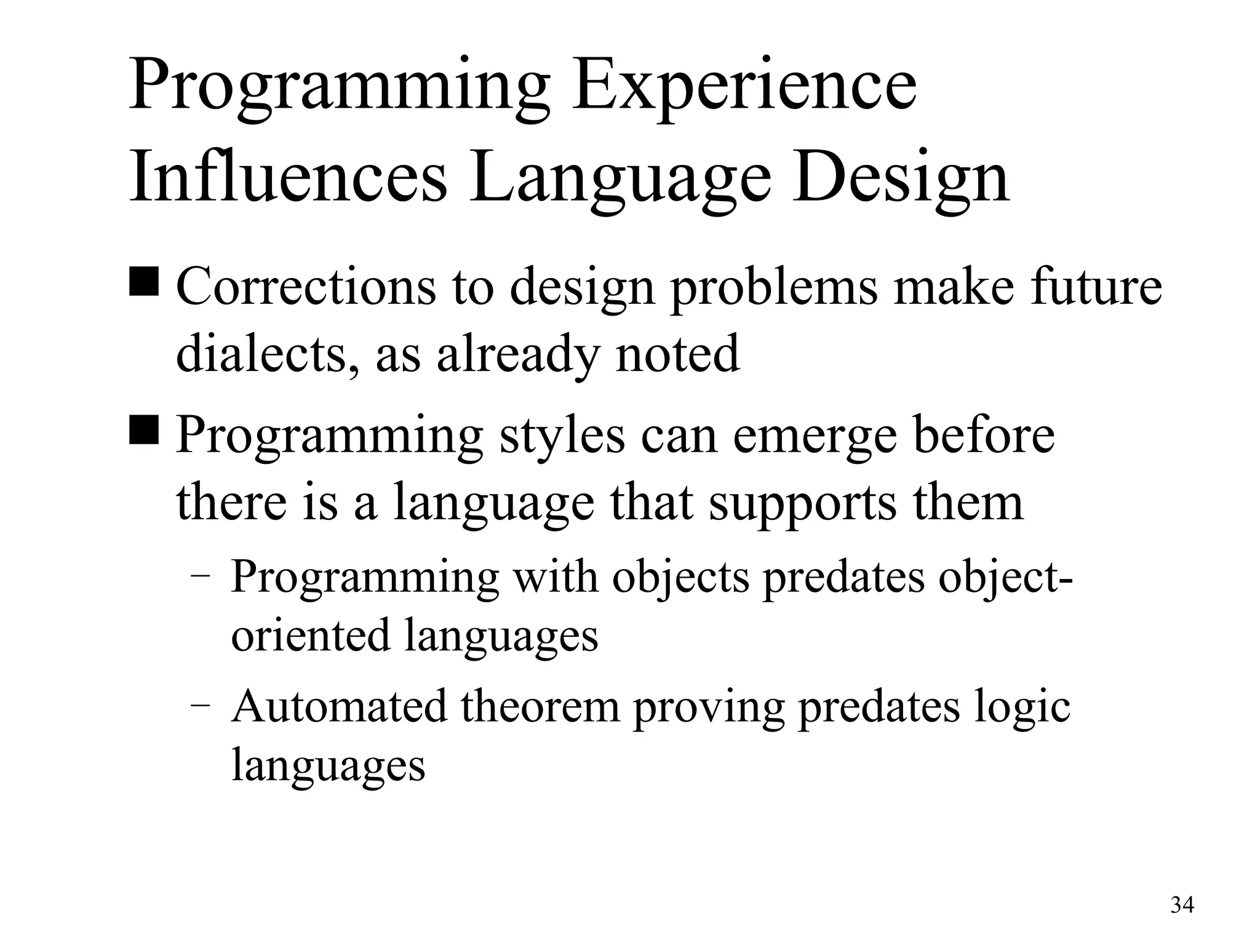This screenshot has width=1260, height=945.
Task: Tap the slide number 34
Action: coord(1182,905)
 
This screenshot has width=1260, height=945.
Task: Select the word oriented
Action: coord(310,635)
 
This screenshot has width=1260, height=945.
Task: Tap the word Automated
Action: coord(339,706)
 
